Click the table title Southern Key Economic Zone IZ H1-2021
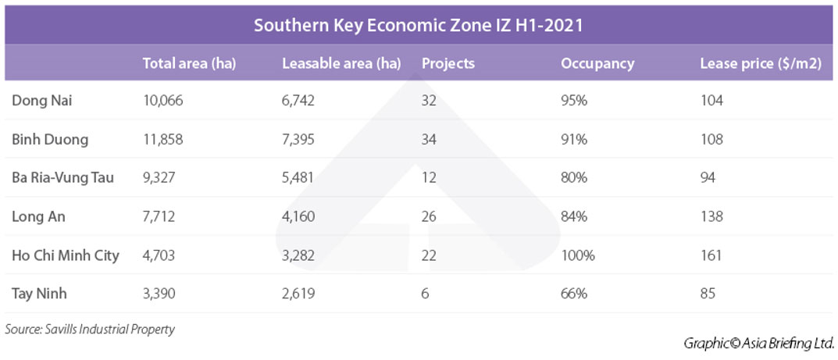[x=419, y=25]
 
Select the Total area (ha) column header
[x=189, y=63]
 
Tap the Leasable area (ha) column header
[x=341, y=63]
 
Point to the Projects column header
[x=448, y=63]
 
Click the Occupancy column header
[x=597, y=63]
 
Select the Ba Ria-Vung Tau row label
[x=62, y=177]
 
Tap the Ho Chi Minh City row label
[x=66, y=255]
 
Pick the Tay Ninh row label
[x=39, y=294]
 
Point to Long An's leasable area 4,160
[x=298, y=216]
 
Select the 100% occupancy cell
[x=578, y=255]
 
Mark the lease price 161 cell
[x=711, y=255]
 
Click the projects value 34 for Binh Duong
[x=429, y=139]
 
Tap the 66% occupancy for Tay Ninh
[x=574, y=294]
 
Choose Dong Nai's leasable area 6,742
[x=298, y=100]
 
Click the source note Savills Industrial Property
[x=90, y=329]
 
